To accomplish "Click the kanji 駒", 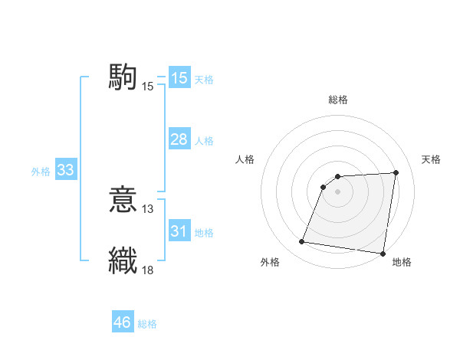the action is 123,78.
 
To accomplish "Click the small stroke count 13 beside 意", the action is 148,208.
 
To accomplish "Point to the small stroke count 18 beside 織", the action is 148,269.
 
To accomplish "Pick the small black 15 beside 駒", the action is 148,87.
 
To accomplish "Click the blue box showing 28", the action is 179,139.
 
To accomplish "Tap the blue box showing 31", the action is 179,231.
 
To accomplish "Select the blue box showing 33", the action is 65,171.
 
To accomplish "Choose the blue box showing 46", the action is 123,322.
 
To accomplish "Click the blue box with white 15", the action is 179,78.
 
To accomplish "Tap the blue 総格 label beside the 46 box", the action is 147,324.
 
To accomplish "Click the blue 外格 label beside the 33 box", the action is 41,172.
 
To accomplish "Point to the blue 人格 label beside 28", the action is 204,141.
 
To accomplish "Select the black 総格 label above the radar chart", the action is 338,100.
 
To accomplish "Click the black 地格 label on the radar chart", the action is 402,263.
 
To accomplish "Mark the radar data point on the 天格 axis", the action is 396,173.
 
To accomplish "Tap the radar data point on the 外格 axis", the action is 302,242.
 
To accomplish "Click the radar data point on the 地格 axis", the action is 383,254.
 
